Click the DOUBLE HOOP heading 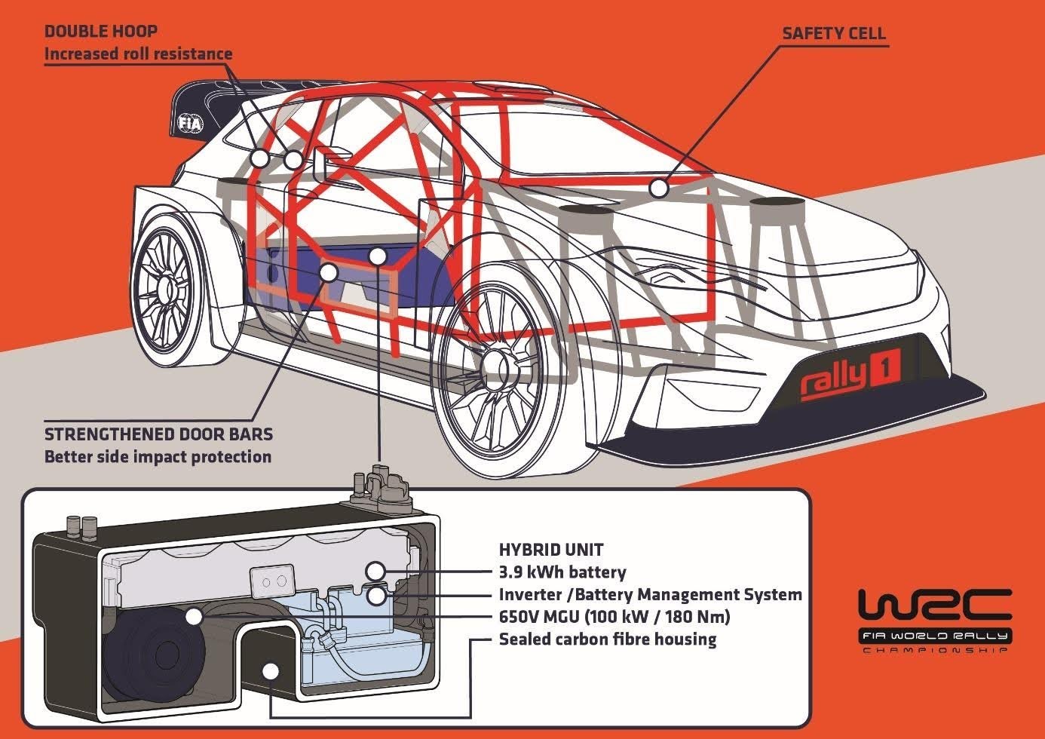point(100,31)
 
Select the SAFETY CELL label point(833,33)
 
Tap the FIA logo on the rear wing point(189,124)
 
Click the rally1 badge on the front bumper point(849,375)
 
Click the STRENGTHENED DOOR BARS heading point(158,434)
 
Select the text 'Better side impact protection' point(158,456)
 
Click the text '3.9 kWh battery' point(562,572)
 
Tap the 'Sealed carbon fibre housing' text point(607,639)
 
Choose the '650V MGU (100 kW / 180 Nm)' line point(614,617)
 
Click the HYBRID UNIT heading point(551,550)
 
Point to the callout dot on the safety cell point(659,187)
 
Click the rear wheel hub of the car point(161,287)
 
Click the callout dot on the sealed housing point(270,670)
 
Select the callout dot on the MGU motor point(194,616)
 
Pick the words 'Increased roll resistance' point(138,54)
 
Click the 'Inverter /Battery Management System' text point(650,594)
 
